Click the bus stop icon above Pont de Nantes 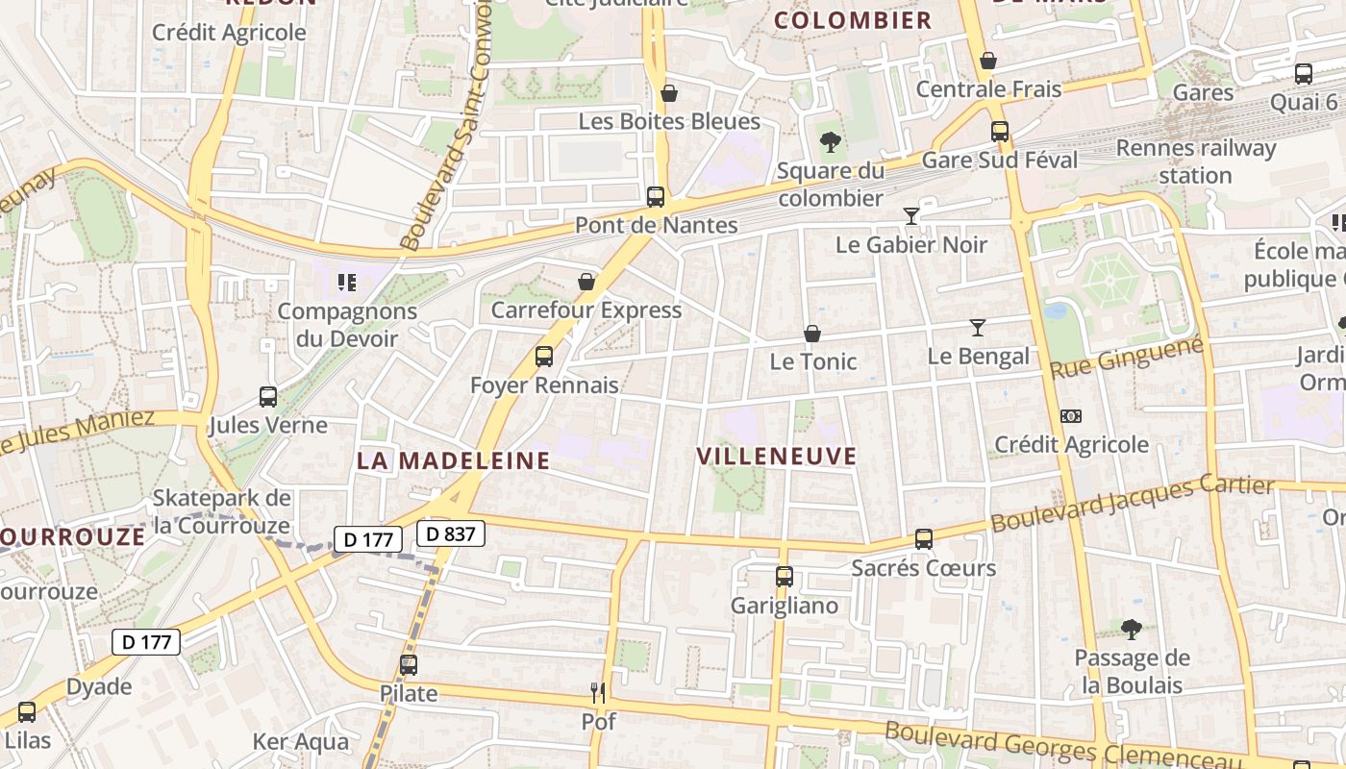(656, 196)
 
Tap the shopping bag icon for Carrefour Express (586, 282)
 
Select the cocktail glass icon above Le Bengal (978, 328)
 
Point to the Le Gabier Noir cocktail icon (911, 215)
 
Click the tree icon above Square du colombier (831, 142)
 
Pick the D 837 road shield (451, 533)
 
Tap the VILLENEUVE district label (776, 456)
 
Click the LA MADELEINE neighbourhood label (454, 460)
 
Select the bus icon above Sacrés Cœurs (924, 538)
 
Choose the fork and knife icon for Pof (598, 691)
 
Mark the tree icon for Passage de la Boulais (1132, 629)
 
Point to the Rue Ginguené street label (1126, 357)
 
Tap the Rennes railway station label (1195, 161)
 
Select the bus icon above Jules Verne (268, 396)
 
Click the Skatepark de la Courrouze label (221, 511)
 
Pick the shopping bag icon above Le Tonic (812, 334)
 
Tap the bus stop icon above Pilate (409, 664)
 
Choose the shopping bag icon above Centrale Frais (988, 61)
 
